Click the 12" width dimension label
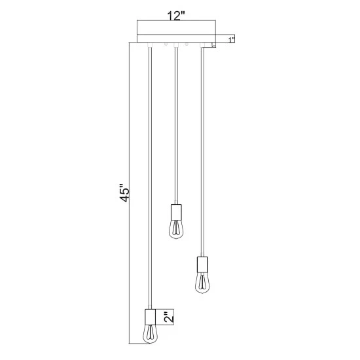click(x=176, y=16)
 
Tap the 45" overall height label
click(x=125, y=192)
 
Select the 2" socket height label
click(x=169, y=316)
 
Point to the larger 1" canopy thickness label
click(x=232, y=39)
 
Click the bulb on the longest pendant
click(x=150, y=333)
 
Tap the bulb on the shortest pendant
click(x=176, y=228)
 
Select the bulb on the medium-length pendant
click(x=202, y=282)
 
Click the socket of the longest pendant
click(x=150, y=316)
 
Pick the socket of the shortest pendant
click(x=176, y=211)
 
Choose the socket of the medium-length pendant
click(x=202, y=264)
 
